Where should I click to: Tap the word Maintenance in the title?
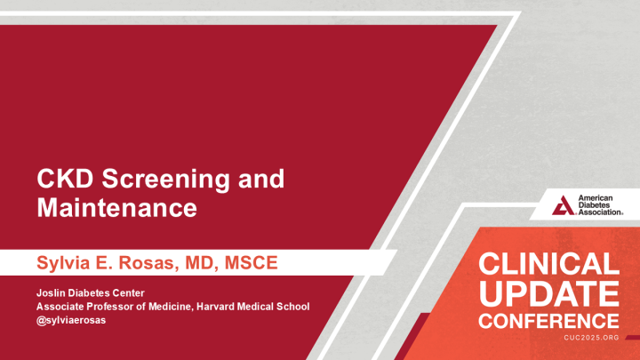coord(116,209)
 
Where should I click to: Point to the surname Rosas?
coord(147,262)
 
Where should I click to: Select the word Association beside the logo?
coord(601,213)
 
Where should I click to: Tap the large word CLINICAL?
coord(548,265)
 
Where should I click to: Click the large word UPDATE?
coord(548,293)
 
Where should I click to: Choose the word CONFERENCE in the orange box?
coord(548,319)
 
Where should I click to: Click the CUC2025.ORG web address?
coord(591,339)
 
